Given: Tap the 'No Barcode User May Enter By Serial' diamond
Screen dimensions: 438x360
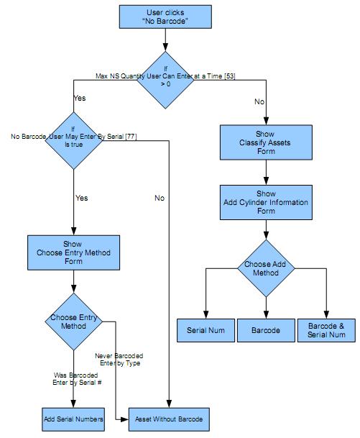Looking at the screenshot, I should point(73,140).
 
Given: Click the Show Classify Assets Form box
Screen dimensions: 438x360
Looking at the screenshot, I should point(266,143).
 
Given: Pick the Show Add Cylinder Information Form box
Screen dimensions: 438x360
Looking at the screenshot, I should point(266,203).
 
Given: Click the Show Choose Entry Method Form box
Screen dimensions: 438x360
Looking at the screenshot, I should point(73,253).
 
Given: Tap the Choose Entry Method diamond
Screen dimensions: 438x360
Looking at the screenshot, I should point(73,321).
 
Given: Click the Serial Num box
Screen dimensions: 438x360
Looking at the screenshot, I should point(206,330).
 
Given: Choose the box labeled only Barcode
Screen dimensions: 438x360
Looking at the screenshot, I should point(266,330).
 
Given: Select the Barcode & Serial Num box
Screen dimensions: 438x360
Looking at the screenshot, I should point(326,330).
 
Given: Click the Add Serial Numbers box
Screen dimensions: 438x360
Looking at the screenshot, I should point(73,419).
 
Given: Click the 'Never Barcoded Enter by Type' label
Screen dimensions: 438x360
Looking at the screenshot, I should point(119,360).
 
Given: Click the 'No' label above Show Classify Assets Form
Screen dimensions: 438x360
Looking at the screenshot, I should point(259,102).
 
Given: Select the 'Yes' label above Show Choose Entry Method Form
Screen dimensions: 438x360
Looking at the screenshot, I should point(81,198).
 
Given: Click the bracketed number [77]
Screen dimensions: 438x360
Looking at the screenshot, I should point(131,137).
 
